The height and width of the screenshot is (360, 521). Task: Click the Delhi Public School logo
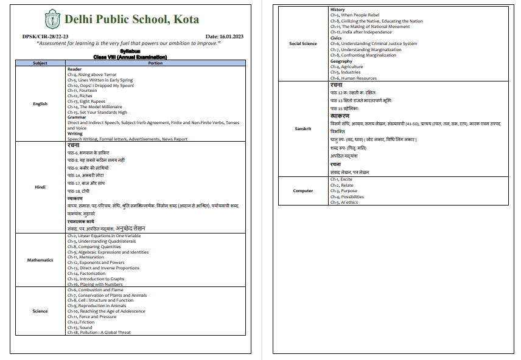click(52, 19)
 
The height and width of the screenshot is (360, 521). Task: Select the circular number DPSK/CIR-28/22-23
click(42, 37)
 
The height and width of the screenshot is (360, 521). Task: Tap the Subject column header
click(40, 63)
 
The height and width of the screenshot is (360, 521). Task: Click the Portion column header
click(155, 63)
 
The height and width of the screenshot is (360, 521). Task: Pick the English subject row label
click(40, 104)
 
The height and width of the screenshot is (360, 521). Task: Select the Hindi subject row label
click(40, 187)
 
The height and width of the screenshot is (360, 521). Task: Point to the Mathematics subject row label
click(40, 260)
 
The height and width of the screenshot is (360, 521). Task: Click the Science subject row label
click(40, 311)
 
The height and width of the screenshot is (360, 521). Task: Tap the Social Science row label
click(302, 44)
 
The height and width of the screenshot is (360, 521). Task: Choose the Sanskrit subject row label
click(302, 129)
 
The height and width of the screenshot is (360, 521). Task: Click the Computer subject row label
click(302, 191)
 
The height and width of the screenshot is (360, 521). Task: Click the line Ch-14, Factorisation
click(88, 274)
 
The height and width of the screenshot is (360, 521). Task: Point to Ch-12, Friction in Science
click(81, 322)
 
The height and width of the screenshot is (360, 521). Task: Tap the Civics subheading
click(336, 38)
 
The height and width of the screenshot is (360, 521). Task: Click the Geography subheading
click(341, 61)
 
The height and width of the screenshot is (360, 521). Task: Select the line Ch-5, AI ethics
click(344, 202)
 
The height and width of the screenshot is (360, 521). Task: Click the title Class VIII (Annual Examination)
click(130, 57)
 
